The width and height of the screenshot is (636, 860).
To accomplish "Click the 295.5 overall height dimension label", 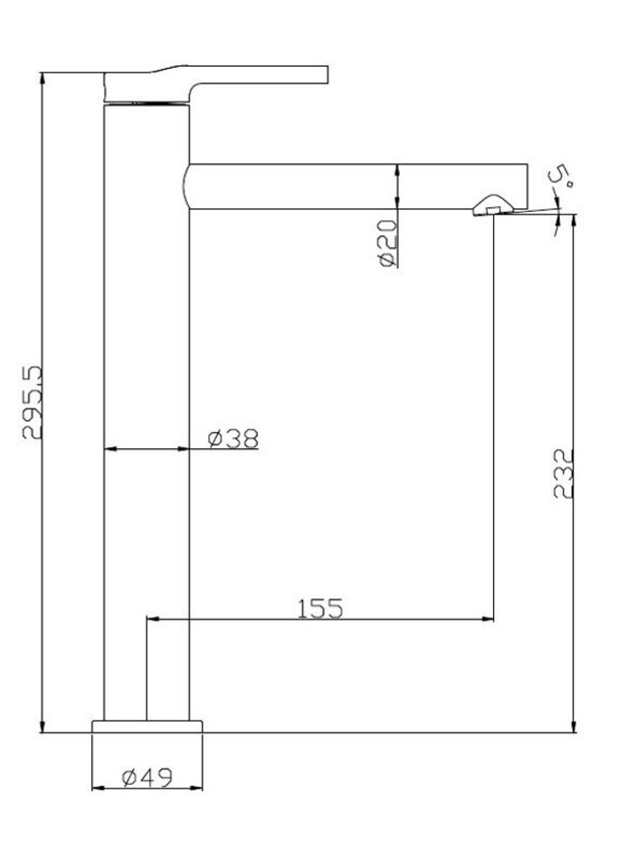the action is pos(33,403).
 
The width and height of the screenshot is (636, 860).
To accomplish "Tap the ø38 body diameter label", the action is pos(233,438).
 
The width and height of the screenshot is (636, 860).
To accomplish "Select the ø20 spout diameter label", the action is pos(387,243).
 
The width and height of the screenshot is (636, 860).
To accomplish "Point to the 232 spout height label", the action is pos(563,473).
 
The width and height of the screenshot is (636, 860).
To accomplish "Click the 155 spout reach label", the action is pos(320,608).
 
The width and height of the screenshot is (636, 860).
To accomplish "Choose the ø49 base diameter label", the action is pos(147,778).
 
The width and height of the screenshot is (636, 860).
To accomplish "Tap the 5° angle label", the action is pos(560,177).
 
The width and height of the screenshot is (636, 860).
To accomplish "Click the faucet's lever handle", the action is pos(215,84).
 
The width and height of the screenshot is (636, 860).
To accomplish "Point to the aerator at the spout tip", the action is pos(493,205).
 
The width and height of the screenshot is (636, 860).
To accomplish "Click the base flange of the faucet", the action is pos(147,726).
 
